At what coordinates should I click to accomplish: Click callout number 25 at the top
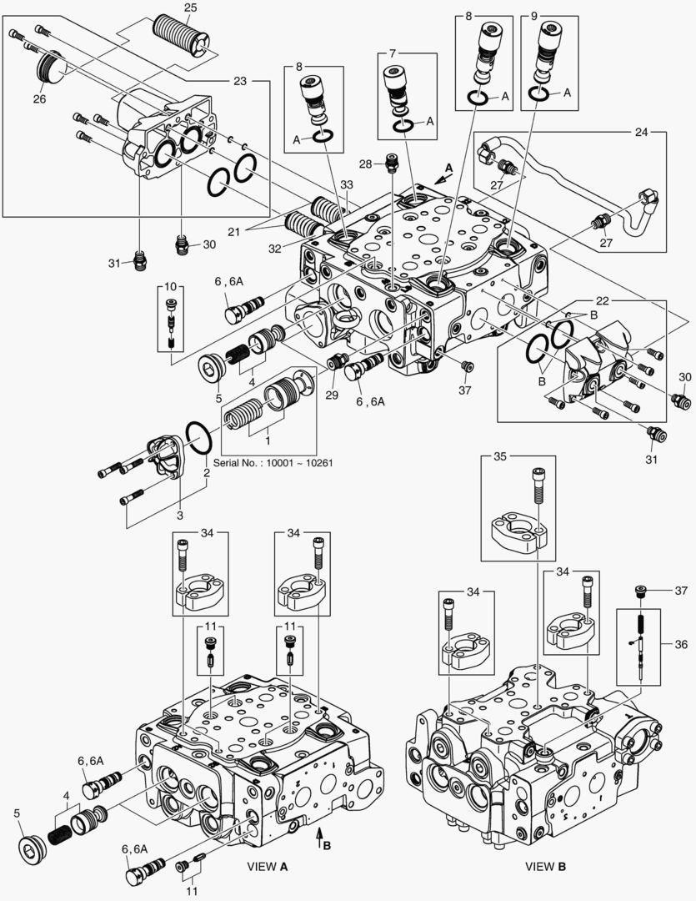(190, 8)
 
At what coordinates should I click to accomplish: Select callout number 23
(240, 82)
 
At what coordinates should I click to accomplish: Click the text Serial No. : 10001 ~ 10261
(273, 461)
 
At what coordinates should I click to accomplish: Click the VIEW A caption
(268, 867)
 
